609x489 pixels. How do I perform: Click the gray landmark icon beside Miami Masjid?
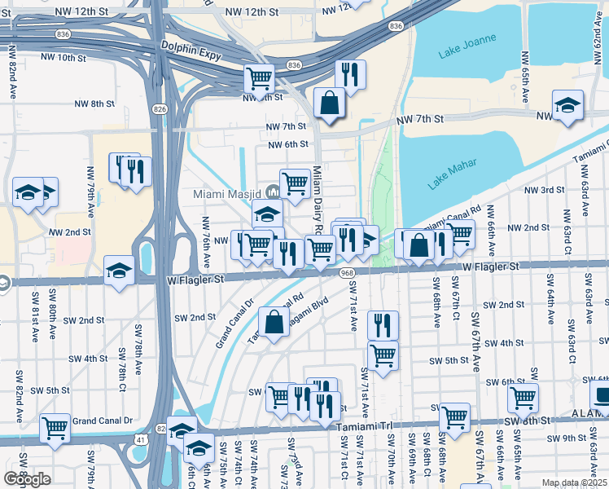[x=272, y=192]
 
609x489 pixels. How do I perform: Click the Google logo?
[x=27, y=479]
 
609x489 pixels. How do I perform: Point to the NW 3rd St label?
[x=545, y=190]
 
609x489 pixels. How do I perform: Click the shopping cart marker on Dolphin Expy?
[x=260, y=79]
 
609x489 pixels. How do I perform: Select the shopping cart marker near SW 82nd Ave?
[x=55, y=426]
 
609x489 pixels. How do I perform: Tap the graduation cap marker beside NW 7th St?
[x=567, y=105]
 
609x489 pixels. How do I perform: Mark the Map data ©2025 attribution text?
[x=573, y=482]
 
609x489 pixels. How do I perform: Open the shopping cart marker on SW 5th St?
[x=383, y=355]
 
